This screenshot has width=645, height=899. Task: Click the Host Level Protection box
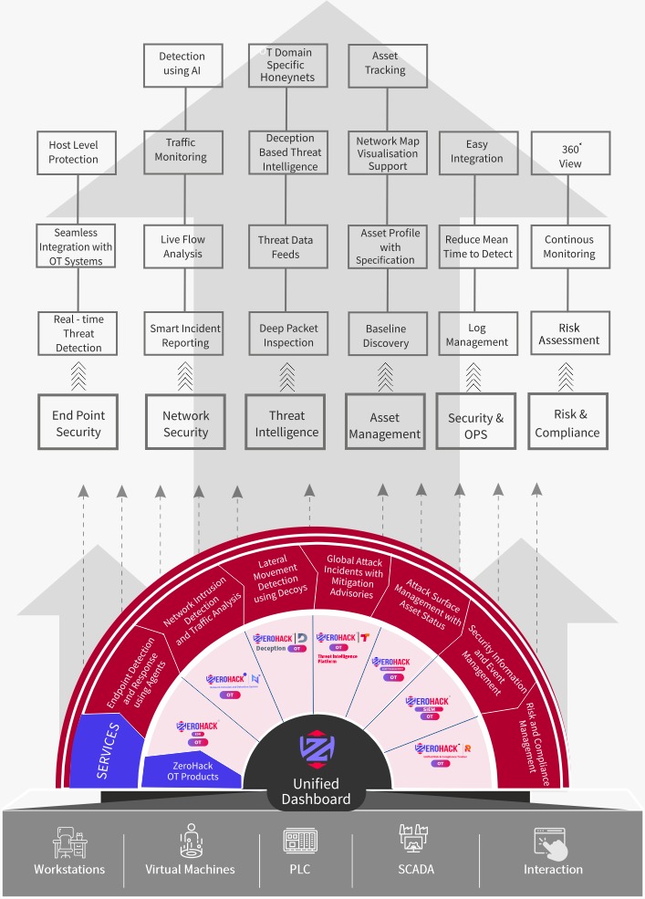(74, 152)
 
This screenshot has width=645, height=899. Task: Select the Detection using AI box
(182, 64)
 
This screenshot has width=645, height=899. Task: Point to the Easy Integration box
(476, 152)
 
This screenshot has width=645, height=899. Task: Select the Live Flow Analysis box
(182, 246)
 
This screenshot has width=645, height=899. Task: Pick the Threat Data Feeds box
(286, 246)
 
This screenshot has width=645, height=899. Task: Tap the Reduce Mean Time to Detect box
(478, 246)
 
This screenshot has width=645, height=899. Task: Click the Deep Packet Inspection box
(287, 335)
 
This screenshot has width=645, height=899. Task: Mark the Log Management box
(477, 335)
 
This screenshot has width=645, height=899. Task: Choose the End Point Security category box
(78, 423)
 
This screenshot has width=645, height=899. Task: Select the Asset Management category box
(385, 423)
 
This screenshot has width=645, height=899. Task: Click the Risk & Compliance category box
(567, 423)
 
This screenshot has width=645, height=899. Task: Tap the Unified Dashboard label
(317, 791)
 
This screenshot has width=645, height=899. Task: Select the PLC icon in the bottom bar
(299, 841)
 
